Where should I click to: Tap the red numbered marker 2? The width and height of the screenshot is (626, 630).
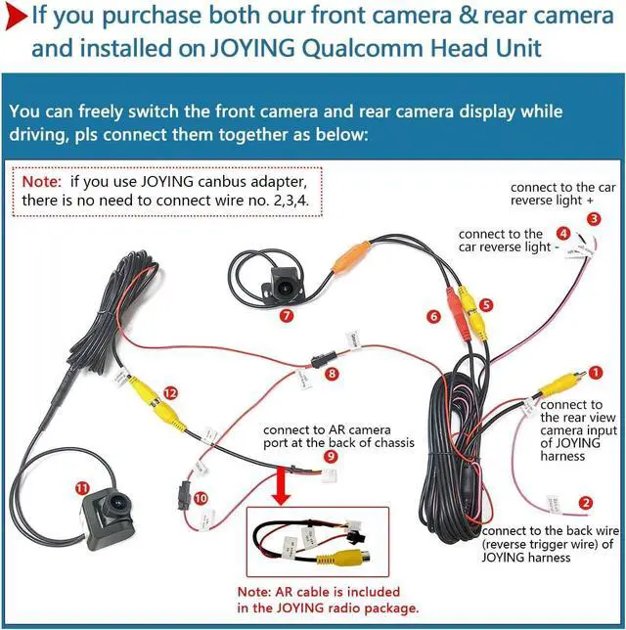(x=586, y=504)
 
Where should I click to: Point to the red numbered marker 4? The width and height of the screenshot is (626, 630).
(x=562, y=233)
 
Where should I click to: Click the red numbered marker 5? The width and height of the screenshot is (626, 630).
(x=486, y=304)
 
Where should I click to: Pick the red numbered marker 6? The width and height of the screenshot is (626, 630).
(x=433, y=316)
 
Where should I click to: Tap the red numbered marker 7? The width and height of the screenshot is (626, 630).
(x=286, y=316)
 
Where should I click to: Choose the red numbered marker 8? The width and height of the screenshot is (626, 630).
(x=332, y=373)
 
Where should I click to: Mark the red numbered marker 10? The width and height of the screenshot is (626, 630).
(x=201, y=498)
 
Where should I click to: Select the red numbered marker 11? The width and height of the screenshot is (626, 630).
(x=81, y=486)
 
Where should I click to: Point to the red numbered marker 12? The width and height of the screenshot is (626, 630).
(x=171, y=392)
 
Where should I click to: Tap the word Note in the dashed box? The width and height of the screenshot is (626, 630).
(x=41, y=181)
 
